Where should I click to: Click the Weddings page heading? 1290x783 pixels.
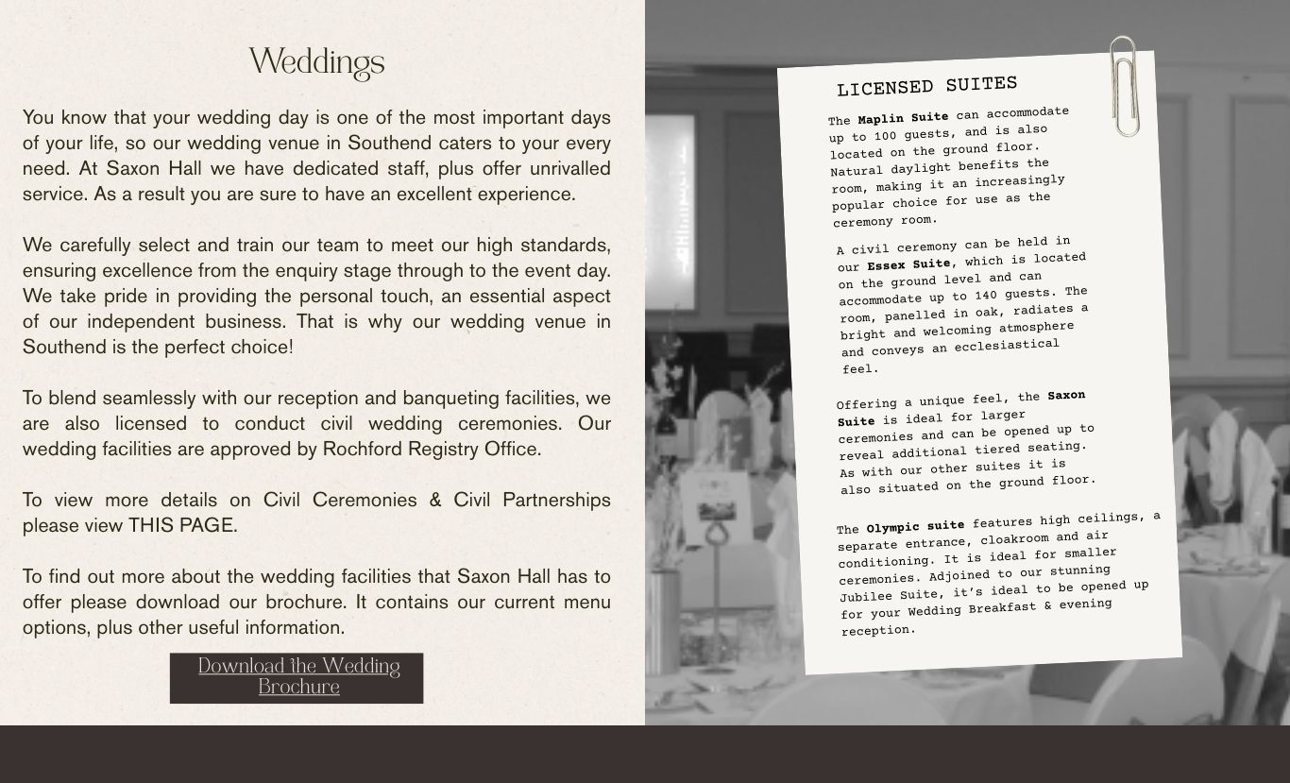316,63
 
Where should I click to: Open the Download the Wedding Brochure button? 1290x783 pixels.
297,677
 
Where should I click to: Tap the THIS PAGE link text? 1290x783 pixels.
182,525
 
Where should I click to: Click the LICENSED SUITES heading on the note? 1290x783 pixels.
926,87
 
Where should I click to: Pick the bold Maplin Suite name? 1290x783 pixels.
903,118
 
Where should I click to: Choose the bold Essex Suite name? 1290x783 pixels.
908,264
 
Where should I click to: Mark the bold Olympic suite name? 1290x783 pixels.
915,526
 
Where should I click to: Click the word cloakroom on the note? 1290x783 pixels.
1013,538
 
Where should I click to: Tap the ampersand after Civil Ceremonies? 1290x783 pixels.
434,500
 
